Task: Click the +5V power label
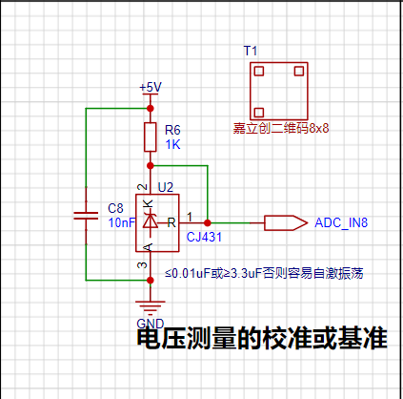click(151, 87)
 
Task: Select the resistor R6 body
click(151, 136)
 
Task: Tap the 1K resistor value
click(172, 145)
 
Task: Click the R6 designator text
click(172, 130)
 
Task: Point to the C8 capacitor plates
click(86, 216)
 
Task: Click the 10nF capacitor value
click(122, 222)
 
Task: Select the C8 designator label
click(115, 208)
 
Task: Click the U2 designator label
click(166, 187)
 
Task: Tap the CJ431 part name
click(204, 237)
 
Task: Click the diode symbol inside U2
click(151, 220)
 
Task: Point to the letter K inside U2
click(148, 203)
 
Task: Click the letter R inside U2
click(171, 222)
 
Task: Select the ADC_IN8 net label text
click(341, 222)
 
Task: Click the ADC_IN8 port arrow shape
click(286, 223)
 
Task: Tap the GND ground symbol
click(151, 307)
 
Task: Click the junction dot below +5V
click(151, 109)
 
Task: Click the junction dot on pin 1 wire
click(208, 223)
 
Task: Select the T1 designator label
click(251, 51)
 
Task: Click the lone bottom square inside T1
click(259, 113)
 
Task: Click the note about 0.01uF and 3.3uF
click(264, 274)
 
